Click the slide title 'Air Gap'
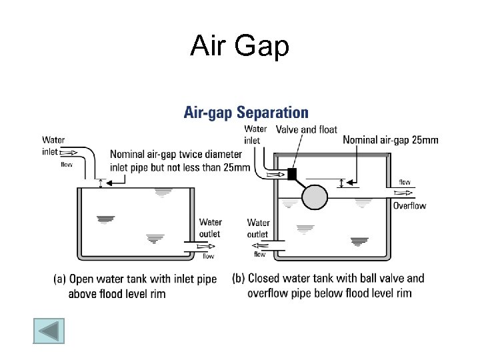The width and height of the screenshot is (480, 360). [x=239, y=46]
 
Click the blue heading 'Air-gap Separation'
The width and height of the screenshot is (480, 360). [x=246, y=113]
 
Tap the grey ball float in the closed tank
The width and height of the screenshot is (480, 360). [x=315, y=196]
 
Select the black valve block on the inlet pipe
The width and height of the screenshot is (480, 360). [x=291, y=175]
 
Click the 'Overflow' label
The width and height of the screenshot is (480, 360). [x=409, y=206]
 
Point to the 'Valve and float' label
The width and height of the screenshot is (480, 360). [x=307, y=129]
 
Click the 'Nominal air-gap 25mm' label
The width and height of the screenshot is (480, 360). [x=391, y=140]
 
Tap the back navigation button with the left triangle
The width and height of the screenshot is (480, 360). [x=49, y=331]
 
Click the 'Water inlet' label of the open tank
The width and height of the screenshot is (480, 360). [x=53, y=145]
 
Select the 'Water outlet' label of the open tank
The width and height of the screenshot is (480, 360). [x=210, y=228]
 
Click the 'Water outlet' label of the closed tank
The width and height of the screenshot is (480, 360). [x=258, y=228]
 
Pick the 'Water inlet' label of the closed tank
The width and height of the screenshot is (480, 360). [x=255, y=134]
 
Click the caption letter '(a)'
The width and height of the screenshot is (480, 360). [x=60, y=279]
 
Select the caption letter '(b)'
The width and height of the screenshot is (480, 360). [x=239, y=279]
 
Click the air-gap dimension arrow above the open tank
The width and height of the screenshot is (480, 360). [x=101, y=182]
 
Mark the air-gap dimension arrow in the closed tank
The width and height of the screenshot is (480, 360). [x=342, y=183]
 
